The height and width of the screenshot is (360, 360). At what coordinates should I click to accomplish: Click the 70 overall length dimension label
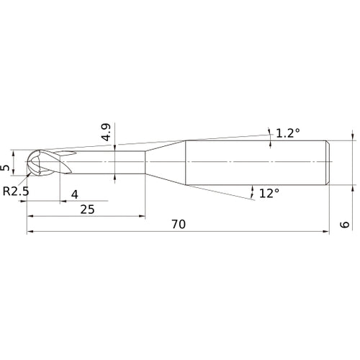pos(179,224)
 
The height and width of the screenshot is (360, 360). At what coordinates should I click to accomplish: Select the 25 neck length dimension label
pos(87,210)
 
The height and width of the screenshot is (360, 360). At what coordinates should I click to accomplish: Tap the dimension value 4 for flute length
pos(75,194)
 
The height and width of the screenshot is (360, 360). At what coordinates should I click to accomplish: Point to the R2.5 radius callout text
pos(16,192)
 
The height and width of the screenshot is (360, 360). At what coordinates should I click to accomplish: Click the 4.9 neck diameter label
pos(106,132)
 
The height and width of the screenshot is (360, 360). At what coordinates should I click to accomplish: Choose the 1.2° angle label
pos(288,133)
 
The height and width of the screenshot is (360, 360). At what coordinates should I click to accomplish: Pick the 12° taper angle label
pos(269,193)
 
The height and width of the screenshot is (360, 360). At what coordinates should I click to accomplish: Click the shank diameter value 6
pos(345,225)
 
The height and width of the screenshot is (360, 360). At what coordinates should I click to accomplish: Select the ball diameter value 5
pos(5,168)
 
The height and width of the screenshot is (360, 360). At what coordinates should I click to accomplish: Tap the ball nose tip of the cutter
pos(27,161)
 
